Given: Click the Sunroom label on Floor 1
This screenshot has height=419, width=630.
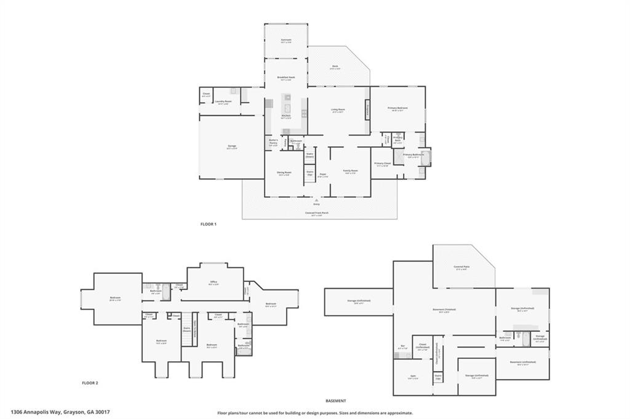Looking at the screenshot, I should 285,40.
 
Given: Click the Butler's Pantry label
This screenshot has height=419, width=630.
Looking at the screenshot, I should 274,142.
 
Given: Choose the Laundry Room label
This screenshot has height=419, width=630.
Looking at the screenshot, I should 223,101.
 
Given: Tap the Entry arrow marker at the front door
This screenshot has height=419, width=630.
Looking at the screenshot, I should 316,200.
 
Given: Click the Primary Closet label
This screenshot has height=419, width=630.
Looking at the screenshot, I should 381,164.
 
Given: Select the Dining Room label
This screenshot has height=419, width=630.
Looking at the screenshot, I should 284,173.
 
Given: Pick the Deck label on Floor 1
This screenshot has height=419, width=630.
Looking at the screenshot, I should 335,67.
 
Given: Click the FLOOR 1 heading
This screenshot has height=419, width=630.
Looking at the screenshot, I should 209,224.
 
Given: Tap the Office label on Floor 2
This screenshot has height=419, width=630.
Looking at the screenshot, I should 213,283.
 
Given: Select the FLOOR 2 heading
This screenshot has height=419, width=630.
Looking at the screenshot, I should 90,383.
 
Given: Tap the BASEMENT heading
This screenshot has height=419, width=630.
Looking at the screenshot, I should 335,400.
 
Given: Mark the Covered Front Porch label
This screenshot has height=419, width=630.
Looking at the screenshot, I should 316,214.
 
